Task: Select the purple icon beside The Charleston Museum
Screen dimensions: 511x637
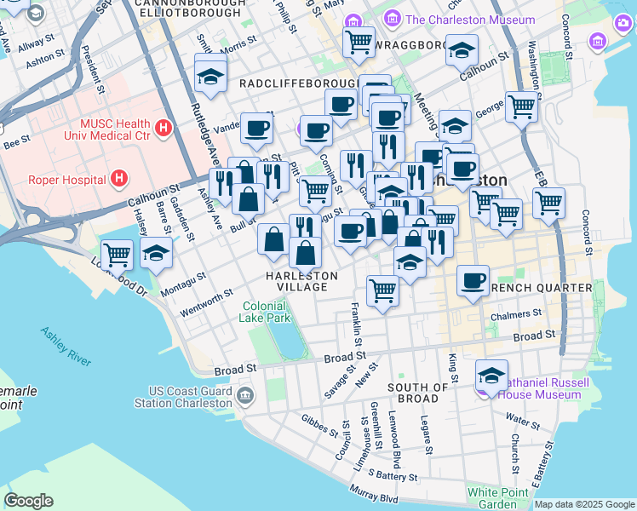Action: (x=392, y=19)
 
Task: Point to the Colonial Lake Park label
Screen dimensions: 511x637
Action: (x=267, y=312)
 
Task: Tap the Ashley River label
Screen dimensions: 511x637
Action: (x=65, y=347)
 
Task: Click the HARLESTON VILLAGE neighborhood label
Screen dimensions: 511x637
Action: (x=301, y=281)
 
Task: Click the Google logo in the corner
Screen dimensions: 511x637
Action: (x=28, y=501)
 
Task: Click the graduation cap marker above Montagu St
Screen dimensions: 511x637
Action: (x=156, y=254)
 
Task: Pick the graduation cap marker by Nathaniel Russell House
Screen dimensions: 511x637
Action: (x=491, y=375)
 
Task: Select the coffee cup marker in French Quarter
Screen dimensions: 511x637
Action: (x=473, y=280)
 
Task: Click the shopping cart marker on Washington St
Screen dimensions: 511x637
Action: (x=521, y=107)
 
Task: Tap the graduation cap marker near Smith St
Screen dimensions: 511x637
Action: (x=210, y=77)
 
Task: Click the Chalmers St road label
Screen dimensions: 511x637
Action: (x=516, y=316)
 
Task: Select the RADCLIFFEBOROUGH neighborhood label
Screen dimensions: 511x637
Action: (x=297, y=83)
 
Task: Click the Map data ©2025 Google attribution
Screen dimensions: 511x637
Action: (x=584, y=504)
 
